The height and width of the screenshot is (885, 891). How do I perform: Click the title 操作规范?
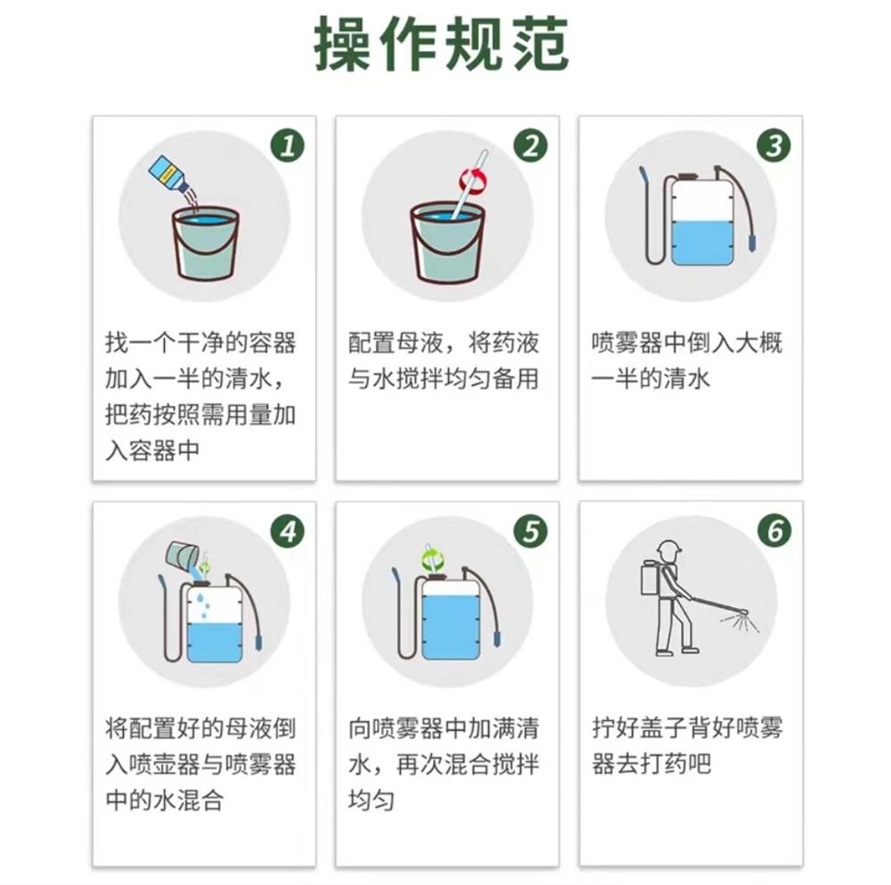[441, 45]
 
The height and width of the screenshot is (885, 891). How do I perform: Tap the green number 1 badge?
[288, 145]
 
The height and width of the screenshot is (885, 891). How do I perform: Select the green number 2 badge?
[531, 145]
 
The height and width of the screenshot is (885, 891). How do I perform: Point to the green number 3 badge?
[774, 145]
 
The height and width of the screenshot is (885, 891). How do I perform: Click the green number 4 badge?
[288, 532]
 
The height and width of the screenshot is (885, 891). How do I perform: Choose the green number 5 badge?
[531, 532]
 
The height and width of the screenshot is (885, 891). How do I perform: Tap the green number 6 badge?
[774, 531]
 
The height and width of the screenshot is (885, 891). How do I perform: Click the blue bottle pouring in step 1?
[168, 174]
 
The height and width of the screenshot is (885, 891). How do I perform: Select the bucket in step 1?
[205, 243]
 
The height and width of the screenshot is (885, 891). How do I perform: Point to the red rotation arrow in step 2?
[473, 181]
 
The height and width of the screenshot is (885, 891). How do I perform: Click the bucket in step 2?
[448, 243]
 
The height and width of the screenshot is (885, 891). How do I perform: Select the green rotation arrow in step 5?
[433, 559]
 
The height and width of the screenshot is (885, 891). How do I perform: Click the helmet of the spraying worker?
[668, 548]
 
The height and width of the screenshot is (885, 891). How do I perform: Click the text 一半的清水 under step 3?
[650, 378]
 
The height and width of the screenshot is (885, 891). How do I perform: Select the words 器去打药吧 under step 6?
[651, 764]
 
